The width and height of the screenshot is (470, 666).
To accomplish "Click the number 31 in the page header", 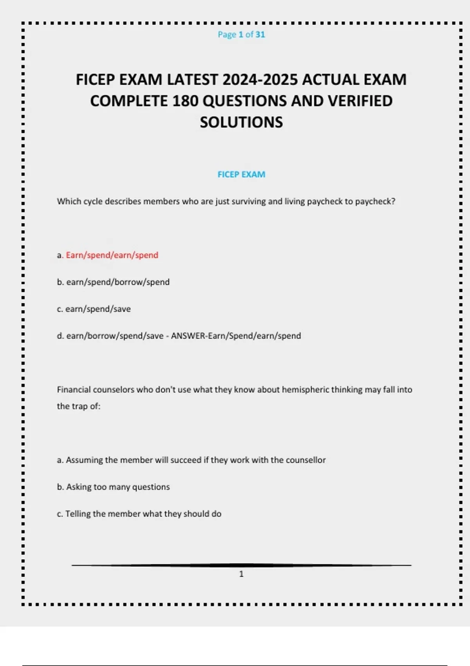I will pos(260,34).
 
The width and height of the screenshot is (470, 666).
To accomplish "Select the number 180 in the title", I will pos(185,101).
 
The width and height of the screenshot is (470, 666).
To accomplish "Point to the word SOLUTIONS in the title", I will pos(241,122).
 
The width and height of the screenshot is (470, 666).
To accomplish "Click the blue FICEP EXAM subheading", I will pos(241,174).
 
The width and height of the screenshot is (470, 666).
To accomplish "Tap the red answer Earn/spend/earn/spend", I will pos(112,255).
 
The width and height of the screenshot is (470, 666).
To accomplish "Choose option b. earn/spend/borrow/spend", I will pos(113,282).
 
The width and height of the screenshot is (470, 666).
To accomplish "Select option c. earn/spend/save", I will pos(94,309).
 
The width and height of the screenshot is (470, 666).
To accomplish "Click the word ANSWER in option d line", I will pos(188,336).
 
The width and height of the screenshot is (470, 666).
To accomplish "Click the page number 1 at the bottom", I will pos(241,574).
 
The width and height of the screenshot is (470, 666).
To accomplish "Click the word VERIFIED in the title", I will pos(360,101).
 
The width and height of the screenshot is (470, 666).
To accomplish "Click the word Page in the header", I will pos(227,34).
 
